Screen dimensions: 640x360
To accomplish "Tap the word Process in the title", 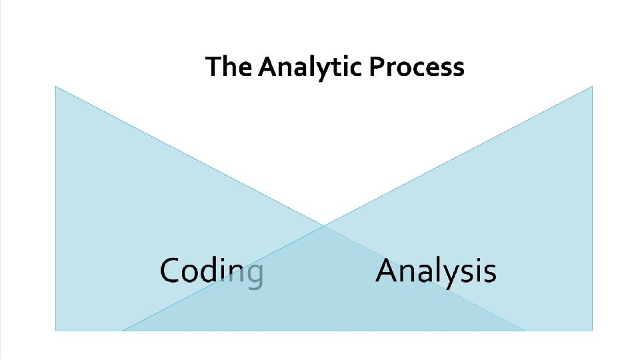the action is point(416,67).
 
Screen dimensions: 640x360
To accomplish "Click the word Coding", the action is point(211,272).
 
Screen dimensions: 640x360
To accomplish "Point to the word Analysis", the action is point(435,272).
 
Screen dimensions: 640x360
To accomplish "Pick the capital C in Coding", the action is point(171,271).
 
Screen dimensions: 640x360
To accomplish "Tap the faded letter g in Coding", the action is point(254,275).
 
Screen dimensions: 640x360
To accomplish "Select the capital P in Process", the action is point(377,67).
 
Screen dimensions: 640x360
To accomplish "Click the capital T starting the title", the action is point(212,67).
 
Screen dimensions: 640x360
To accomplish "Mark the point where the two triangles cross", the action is point(325,225).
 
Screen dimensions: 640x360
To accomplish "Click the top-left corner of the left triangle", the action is point(56,87).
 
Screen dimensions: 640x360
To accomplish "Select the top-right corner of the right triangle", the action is point(591,87).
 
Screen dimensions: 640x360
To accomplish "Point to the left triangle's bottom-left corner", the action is point(56,329).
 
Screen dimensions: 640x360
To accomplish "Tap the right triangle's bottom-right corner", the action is point(591,329).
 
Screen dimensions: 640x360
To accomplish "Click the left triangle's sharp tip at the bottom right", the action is point(523,329).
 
